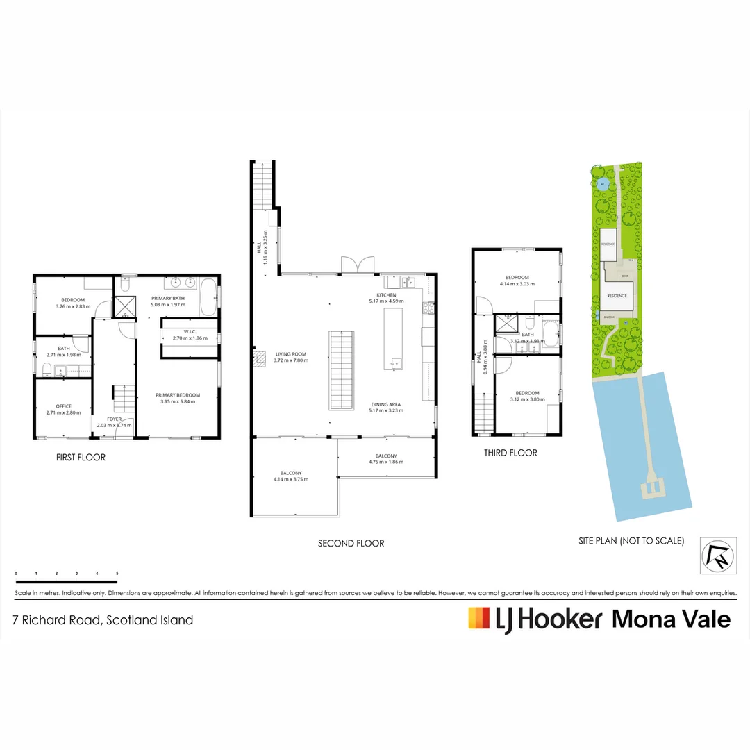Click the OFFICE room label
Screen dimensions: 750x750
pyautogui.click(x=63, y=406)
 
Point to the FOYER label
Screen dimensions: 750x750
pyautogui.click(x=114, y=419)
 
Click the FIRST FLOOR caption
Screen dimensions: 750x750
pyautogui.click(x=81, y=458)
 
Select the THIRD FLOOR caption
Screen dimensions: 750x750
pyautogui.click(x=510, y=453)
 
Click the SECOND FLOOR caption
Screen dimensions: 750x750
pyautogui.click(x=351, y=543)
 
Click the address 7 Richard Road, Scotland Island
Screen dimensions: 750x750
pyautogui.click(x=103, y=620)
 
